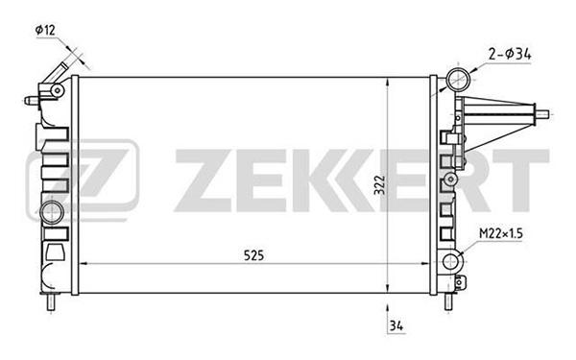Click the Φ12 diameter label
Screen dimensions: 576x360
pos(45,30)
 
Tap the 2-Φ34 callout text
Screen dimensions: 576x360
pos(510,55)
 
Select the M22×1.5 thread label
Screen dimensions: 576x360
pos(501,233)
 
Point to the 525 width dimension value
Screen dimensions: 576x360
pos(253,255)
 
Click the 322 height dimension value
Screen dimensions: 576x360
pos(379,184)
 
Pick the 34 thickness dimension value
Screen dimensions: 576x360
pos(396,325)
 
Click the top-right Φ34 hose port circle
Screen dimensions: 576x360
pos(458,79)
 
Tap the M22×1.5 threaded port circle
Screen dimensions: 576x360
pos(450,261)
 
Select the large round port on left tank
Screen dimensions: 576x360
pos(52,213)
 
